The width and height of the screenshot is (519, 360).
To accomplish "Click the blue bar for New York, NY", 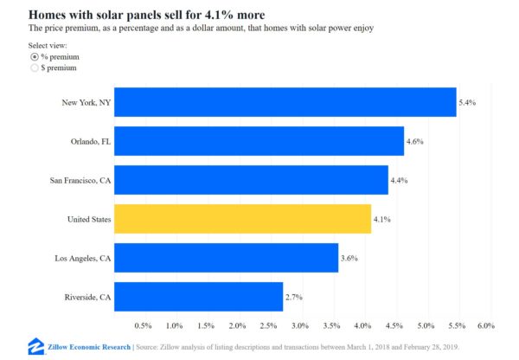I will point(285,102).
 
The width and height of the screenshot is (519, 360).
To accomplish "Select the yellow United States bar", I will point(242,219).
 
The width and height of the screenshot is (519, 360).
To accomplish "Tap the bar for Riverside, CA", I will point(198,297).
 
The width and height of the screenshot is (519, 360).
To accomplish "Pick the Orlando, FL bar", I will point(259,141).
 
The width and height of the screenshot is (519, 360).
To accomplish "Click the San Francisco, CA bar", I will point(251,180).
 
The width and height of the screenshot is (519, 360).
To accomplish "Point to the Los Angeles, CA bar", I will point(226,258).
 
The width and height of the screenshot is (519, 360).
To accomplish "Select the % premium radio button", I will point(35,56).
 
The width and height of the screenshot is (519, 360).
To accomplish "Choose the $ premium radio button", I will point(35,67).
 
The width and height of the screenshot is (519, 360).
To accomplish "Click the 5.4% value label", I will point(468,102).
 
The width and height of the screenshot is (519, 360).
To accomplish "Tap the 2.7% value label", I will point(295,297).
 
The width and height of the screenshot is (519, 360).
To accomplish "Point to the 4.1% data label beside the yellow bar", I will point(382,220).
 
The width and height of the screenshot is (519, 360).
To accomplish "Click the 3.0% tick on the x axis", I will point(299,325).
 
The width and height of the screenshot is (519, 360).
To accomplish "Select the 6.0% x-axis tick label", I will point(484,325).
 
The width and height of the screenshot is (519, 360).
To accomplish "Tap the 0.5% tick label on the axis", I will point(143,325).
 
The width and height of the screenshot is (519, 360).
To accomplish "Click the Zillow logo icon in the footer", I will point(36,346).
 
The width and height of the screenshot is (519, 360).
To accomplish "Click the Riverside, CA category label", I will point(89,297).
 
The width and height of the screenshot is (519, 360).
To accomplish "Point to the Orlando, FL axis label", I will point(91,141).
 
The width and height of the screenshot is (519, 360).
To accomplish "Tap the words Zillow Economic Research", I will point(88,347).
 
